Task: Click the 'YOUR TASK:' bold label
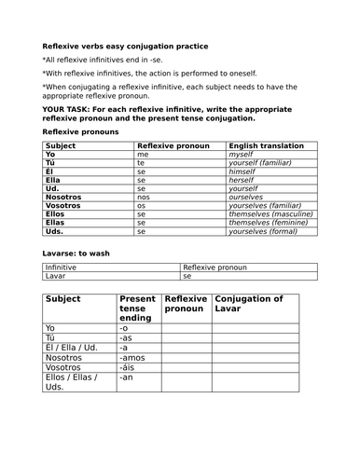71,107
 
